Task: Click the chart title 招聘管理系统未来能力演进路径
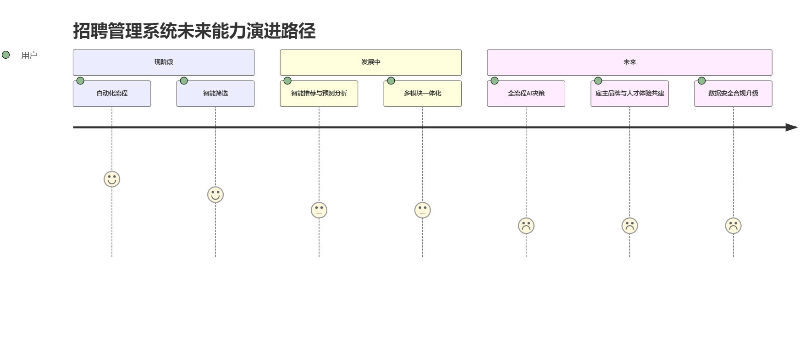(194, 31)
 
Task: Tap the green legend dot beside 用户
(6, 55)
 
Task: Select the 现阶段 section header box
(164, 62)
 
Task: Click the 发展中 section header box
(370, 62)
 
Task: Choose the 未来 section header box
(629, 62)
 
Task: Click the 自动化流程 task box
(112, 94)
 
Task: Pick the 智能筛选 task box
(215, 94)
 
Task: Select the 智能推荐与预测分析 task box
(319, 94)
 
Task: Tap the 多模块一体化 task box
(423, 94)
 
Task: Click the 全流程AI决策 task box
(526, 94)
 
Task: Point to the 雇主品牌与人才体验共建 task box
(629, 94)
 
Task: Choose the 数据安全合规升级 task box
(733, 94)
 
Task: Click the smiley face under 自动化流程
(112, 179)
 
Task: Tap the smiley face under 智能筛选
(215, 195)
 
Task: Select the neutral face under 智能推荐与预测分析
(319, 210)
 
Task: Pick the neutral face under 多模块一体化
(423, 210)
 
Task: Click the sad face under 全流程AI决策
(526, 226)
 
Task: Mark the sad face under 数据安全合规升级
(733, 226)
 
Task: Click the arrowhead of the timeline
(792, 127)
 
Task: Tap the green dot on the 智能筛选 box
(184, 81)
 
